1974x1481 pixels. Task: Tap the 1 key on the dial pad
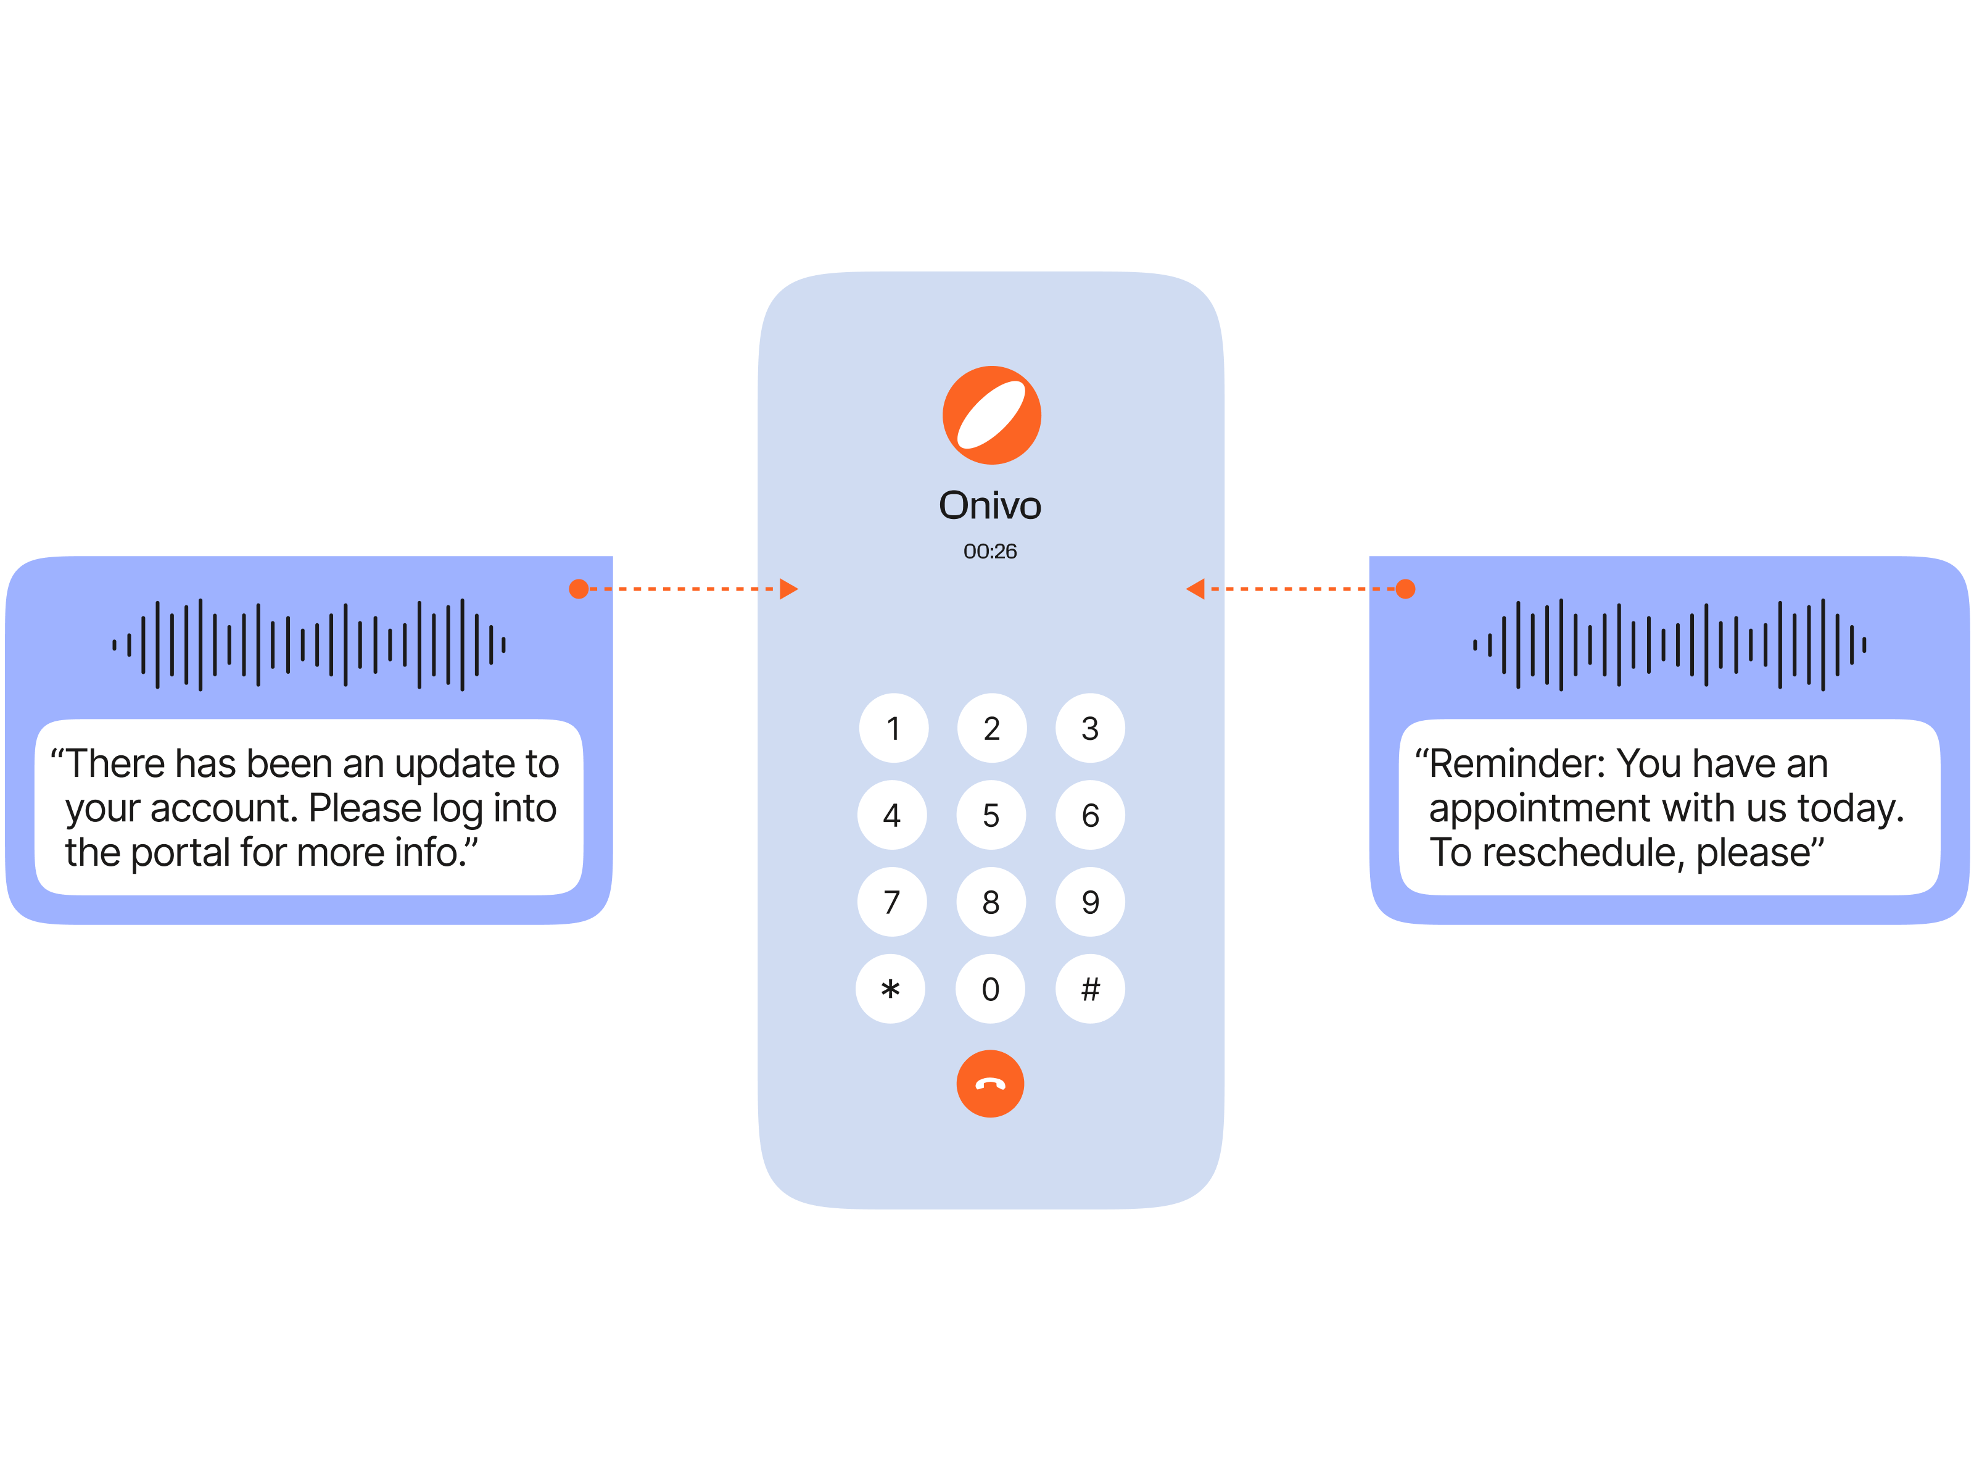pos(893,728)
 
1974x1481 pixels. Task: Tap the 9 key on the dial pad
pos(1089,902)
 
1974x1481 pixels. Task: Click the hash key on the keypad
pos(1089,989)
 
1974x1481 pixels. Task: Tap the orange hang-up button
pos(989,1084)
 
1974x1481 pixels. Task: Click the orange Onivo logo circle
pos(991,415)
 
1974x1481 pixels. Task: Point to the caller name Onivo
pos(989,505)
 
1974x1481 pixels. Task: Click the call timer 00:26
pos(989,552)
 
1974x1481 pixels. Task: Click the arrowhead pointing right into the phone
pos(788,589)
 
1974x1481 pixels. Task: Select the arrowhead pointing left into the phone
pos(1196,589)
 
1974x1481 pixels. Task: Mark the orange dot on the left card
pos(578,589)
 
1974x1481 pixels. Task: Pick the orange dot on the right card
pos(1405,589)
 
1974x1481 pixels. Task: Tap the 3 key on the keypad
pos(1089,728)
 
